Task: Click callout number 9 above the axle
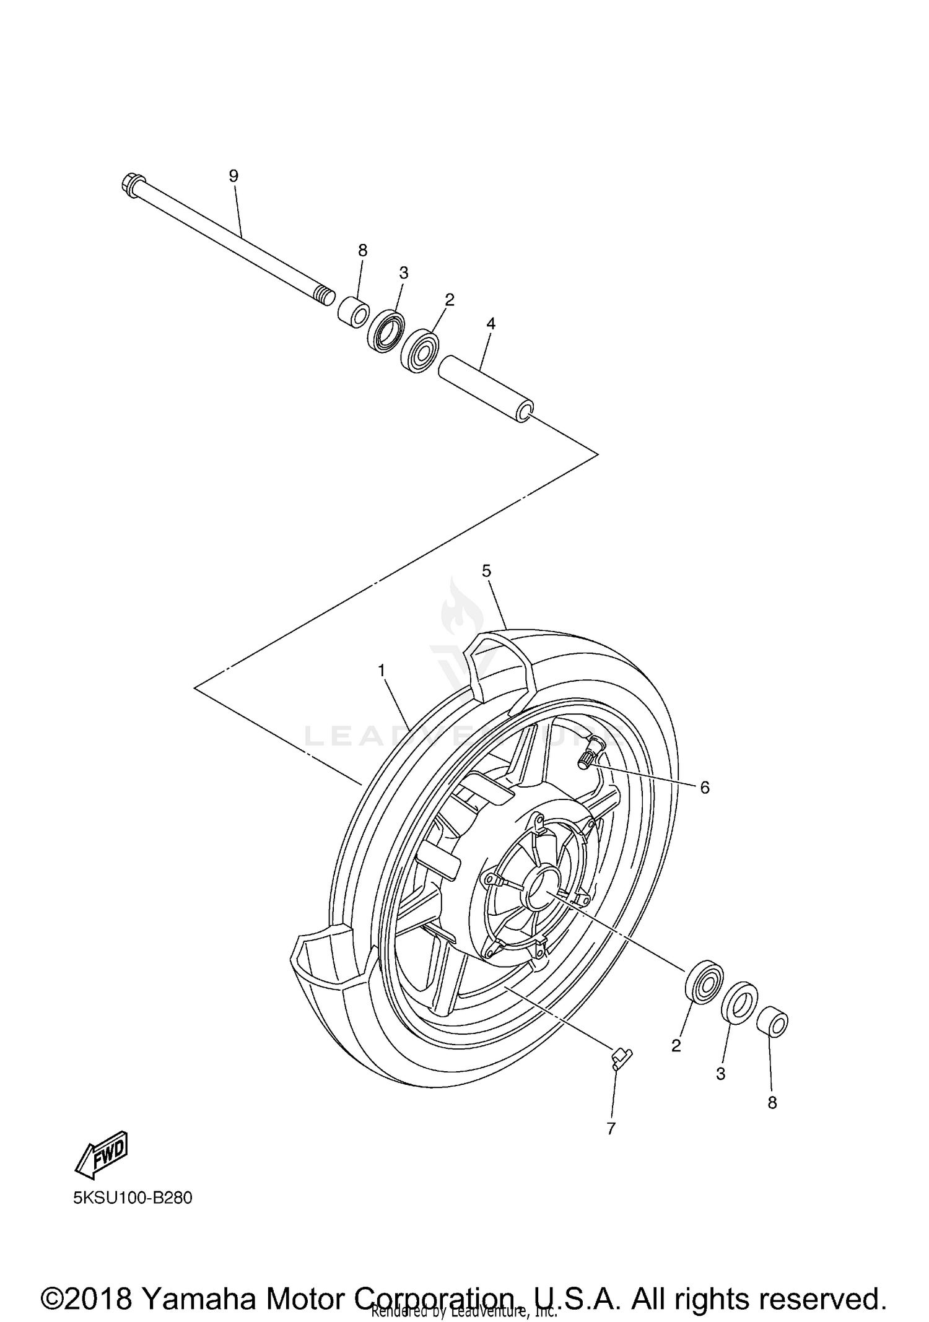(x=233, y=176)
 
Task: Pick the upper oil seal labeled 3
(x=386, y=334)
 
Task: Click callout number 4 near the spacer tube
(x=491, y=323)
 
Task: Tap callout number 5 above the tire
(x=486, y=570)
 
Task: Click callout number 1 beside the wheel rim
(x=382, y=670)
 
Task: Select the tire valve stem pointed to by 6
(x=591, y=751)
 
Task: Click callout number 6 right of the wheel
(x=705, y=788)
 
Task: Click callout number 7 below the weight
(x=611, y=1128)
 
